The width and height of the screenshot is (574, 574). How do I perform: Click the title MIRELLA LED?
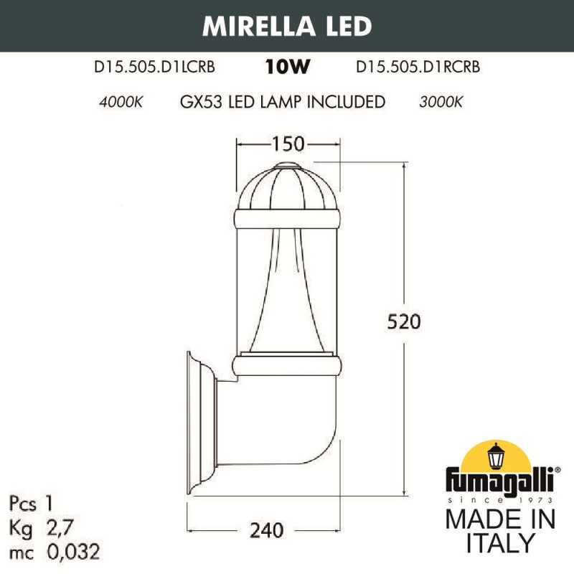(x=287, y=25)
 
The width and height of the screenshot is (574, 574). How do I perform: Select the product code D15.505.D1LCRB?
(x=155, y=68)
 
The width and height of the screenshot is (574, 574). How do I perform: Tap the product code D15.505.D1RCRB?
(x=418, y=68)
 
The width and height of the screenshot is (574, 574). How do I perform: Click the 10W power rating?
(x=287, y=68)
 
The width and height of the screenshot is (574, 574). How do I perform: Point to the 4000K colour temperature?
(x=121, y=102)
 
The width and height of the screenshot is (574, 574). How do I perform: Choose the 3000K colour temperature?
(x=441, y=102)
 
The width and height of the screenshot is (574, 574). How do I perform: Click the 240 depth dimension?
(x=268, y=530)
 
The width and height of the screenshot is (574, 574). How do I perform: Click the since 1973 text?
(x=499, y=499)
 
